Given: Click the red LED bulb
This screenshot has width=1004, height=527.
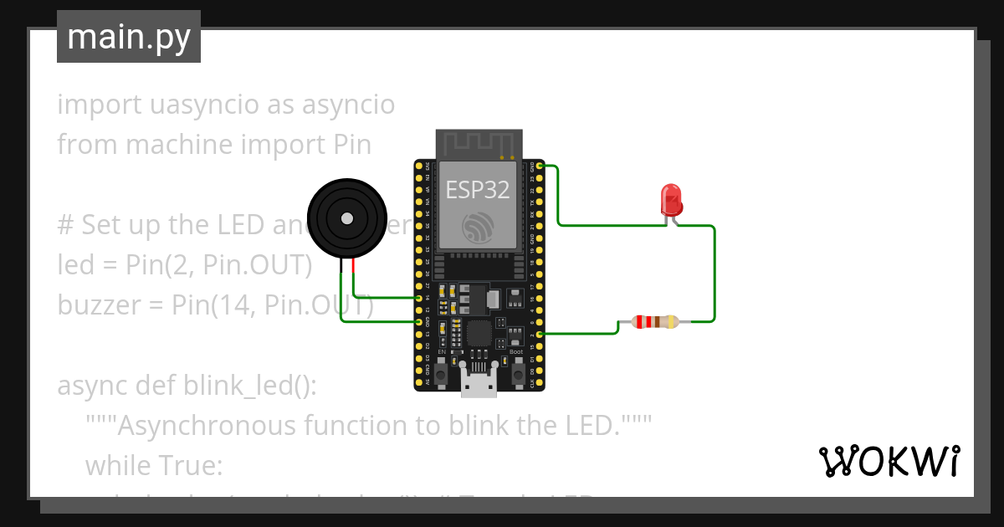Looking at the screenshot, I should coord(672,199).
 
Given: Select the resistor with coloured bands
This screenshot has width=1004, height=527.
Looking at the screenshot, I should coord(655,322).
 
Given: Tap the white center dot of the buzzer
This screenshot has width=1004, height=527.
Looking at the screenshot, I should coord(346,218).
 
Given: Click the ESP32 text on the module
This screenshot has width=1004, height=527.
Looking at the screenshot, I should coord(477,191).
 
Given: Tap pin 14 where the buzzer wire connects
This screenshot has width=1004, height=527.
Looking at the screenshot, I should coord(419,298).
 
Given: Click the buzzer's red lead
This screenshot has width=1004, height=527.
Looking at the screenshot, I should coord(354,267).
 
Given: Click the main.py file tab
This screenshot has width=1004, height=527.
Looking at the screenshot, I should coord(129,37).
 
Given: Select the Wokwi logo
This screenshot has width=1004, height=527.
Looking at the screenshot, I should coord(889,461).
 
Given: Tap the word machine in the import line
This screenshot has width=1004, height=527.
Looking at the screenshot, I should coord(176,145).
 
